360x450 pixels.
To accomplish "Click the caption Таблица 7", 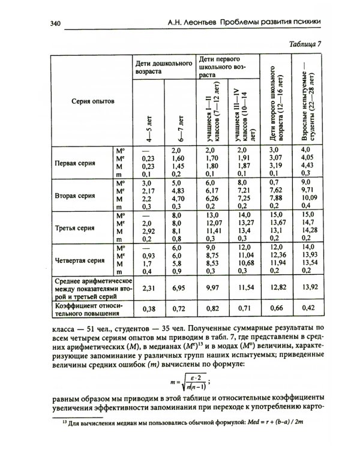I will (305, 44).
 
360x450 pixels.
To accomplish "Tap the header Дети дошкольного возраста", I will (163, 66).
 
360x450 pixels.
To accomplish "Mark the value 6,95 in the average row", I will (179, 289).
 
